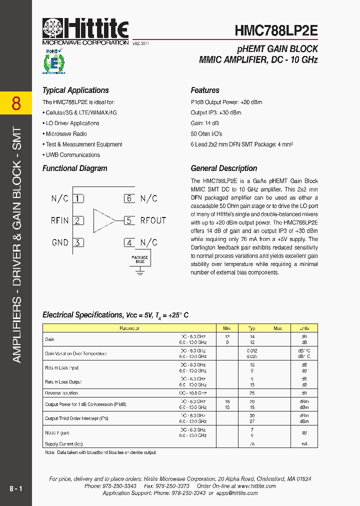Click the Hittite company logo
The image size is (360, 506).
coord(85,31)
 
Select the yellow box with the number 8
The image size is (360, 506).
coord(16,103)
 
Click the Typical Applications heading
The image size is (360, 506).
coord(75,90)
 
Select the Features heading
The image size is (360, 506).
coord(205,90)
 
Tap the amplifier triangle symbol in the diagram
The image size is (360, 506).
coord(104,220)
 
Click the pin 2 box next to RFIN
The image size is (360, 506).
coord(78,220)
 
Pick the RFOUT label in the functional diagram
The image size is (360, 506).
coord(153,220)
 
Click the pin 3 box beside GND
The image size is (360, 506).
coord(78,242)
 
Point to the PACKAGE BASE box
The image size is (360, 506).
coord(140,259)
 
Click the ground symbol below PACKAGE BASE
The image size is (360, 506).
coord(140,272)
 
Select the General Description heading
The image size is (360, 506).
coord(224,168)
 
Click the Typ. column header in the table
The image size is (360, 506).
coord(252,328)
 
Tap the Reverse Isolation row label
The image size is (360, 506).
coord(61,393)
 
